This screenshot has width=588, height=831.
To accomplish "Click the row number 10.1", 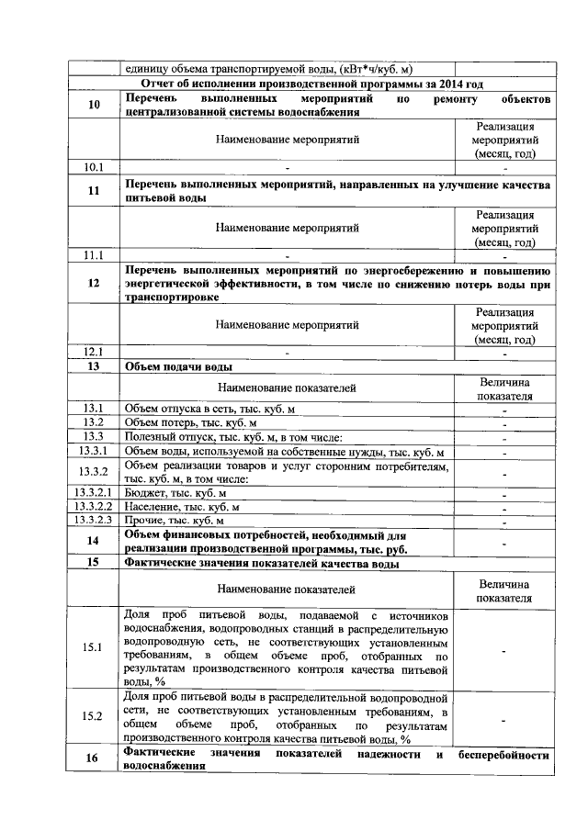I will pyautogui.click(x=94, y=168).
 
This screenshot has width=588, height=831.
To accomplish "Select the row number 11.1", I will pyautogui.click(x=94, y=254).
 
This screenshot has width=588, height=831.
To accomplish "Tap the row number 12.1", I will pyautogui.click(x=94, y=352).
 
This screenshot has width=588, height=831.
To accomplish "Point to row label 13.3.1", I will pyautogui.click(x=94, y=452).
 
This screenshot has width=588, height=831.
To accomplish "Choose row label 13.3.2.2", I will pyautogui.click(x=94, y=507).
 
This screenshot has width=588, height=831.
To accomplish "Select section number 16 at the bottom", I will pyautogui.click(x=94, y=760).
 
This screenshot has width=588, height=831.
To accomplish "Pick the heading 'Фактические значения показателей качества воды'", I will pyautogui.click(x=261, y=564).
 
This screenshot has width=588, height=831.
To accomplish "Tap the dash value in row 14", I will pyautogui.click(x=504, y=543).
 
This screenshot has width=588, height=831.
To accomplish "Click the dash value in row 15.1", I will pyautogui.click(x=504, y=649).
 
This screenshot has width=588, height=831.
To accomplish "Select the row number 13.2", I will pyautogui.click(x=94, y=422).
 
